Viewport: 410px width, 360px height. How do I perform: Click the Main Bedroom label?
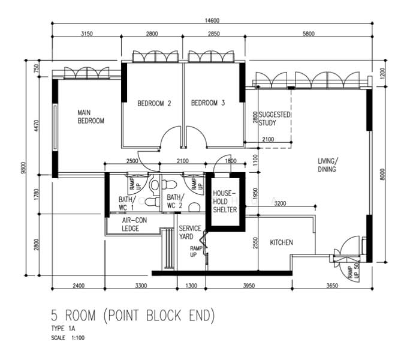pyautogui.click(x=91, y=117)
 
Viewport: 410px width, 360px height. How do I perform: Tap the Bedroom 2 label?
pyautogui.click(x=154, y=103)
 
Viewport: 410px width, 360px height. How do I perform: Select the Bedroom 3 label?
pyautogui.click(x=208, y=103)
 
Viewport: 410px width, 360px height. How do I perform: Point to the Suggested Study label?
pyautogui.click(x=275, y=119)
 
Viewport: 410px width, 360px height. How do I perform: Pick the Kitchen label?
pyautogui.click(x=281, y=242)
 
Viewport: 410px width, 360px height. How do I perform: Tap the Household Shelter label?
pyautogui.click(x=225, y=202)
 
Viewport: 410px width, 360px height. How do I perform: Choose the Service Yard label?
pyautogui.click(x=190, y=232)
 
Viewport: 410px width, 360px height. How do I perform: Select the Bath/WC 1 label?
pyautogui.click(x=127, y=203)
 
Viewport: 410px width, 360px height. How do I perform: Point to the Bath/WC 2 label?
pyautogui.click(x=175, y=202)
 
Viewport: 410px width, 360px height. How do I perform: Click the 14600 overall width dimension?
pyautogui.click(x=212, y=20)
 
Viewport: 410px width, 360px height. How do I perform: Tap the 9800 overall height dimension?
pyautogui.click(x=23, y=168)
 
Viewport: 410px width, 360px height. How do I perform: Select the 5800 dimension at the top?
pyautogui.click(x=309, y=34)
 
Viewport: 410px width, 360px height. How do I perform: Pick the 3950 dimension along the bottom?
pyautogui.click(x=249, y=286)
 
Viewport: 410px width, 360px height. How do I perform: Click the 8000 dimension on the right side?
pyautogui.click(x=382, y=174)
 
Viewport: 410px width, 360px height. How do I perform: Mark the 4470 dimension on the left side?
pyautogui.click(x=37, y=125)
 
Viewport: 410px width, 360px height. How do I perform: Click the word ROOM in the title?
pyautogui.click(x=80, y=315)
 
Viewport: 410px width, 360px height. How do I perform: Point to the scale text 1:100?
pyautogui.click(x=78, y=338)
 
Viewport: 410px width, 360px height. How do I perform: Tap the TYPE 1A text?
pyautogui.click(x=63, y=329)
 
